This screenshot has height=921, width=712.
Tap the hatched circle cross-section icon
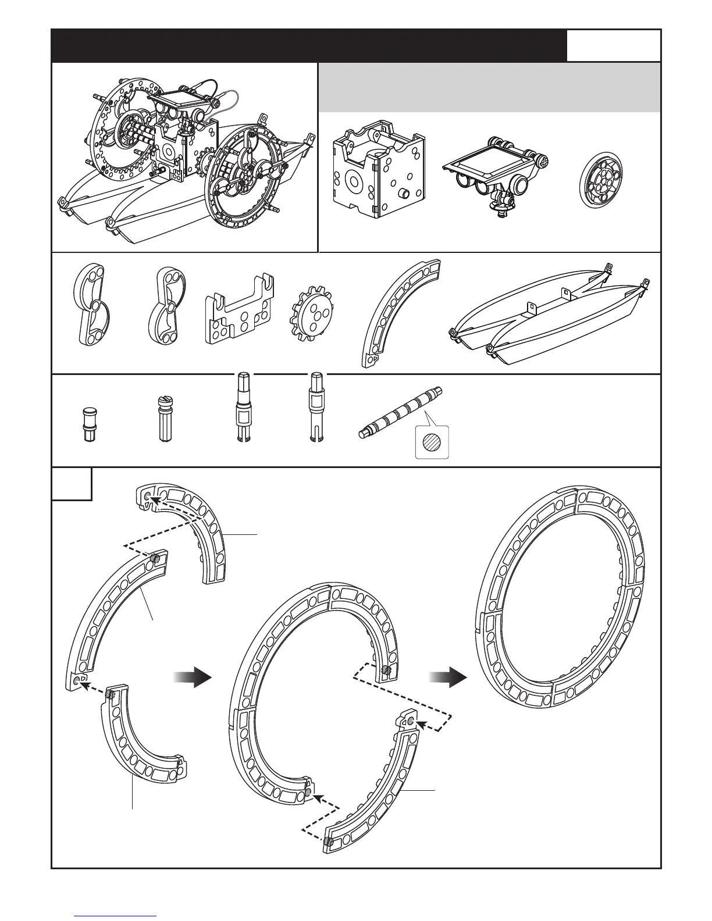pyautogui.click(x=433, y=442)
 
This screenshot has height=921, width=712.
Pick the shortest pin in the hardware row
pyautogui.click(x=88, y=425)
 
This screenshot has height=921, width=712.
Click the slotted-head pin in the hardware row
pyautogui.click(x=163, y=419)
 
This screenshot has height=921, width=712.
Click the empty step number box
pyautogui.click(x=72, y=484)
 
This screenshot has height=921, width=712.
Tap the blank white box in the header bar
pyautogui.click(x=614, y=45)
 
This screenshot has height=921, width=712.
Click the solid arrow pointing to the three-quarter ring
pyautogui.click(x=192, y=677)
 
